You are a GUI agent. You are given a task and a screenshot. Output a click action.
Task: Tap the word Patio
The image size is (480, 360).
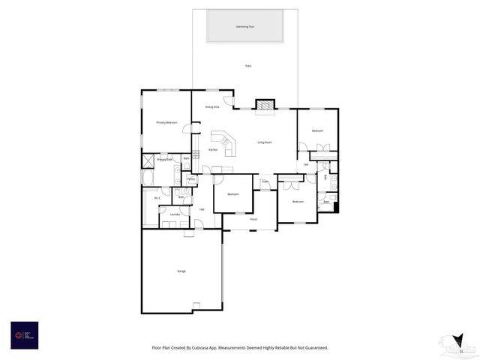248,66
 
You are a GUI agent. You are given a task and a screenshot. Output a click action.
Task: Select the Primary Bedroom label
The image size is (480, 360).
166,122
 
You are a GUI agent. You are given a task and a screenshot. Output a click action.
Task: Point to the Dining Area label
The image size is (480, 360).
212,107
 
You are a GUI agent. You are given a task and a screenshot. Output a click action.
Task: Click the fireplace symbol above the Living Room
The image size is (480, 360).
265,105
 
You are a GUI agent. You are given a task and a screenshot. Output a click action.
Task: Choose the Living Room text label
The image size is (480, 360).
265,142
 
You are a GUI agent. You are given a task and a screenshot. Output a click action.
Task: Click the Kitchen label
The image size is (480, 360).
213,150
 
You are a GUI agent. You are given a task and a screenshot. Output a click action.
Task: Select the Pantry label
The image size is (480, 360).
191,179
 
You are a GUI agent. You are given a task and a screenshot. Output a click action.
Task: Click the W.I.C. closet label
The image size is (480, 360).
158,199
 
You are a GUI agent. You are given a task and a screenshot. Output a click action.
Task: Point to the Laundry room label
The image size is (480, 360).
174,214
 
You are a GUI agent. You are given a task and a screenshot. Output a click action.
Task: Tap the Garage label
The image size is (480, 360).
181,271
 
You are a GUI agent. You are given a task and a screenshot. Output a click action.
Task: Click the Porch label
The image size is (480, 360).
243,220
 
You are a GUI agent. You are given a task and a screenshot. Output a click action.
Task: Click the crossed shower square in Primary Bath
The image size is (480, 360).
148,160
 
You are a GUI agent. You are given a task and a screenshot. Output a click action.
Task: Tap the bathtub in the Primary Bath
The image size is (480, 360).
147,178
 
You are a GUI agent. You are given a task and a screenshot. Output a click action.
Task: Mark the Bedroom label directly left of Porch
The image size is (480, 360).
233,194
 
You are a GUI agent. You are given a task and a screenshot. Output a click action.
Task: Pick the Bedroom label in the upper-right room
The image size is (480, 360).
318,130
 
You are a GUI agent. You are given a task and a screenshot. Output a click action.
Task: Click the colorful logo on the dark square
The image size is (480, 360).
18,334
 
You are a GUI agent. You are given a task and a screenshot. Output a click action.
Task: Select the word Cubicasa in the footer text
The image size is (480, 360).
201,347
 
